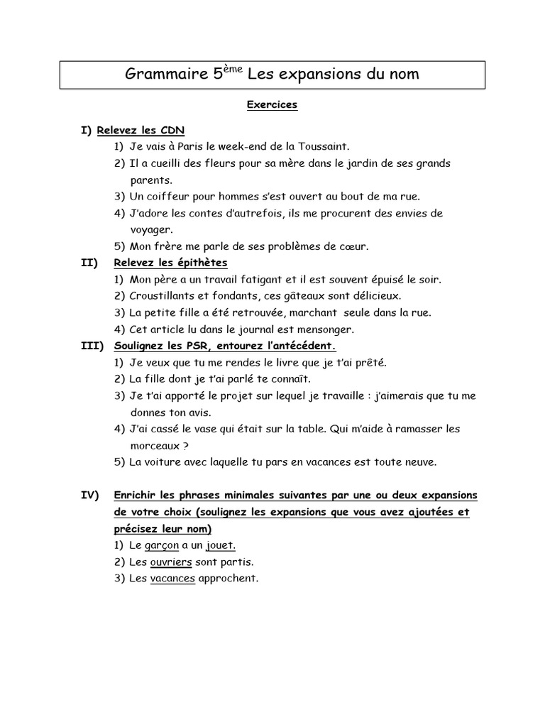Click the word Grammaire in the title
coord(165,74)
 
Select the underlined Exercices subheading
coord(272,105)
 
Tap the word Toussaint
coord(324,147)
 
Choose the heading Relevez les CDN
coord(141,131)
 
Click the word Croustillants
coord(163,295)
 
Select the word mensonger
coord(326,329)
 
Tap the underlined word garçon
coord(161,545)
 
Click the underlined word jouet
coord(221,545)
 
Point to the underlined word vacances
coord(172,579)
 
